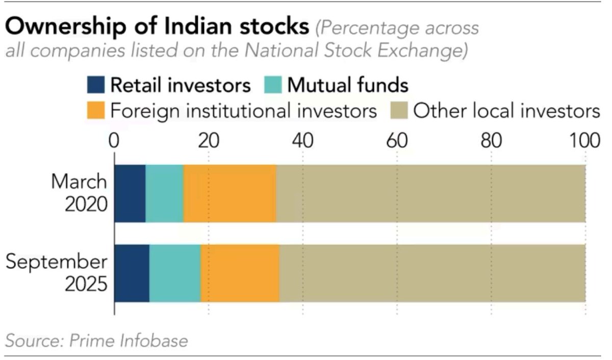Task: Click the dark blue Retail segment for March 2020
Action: coord(130,194)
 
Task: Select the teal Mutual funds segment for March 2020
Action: coord(164,194)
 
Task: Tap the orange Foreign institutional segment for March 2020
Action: coord(230,194)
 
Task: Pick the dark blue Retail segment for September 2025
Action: coord(132,273)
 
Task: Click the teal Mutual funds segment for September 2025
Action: coord(175,273)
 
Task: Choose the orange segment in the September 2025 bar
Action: coord(240,273)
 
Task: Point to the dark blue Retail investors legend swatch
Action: coord(96,85)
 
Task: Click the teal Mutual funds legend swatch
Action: coord(273,85)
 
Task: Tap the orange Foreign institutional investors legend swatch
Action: coord(96,110)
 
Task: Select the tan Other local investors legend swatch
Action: coord(399,110)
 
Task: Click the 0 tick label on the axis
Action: coord(114,141)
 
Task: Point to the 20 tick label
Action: coord(209,141)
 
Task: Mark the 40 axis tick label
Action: coord(303,141)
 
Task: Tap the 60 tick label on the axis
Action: coord(397,141)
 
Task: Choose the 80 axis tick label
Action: coord(491,141)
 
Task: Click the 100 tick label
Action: coord(584,141)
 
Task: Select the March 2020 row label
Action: coord(79,193)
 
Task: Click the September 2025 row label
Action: coord(57,273)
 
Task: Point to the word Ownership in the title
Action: coord(66,28)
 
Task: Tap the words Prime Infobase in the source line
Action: coord(129,341)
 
